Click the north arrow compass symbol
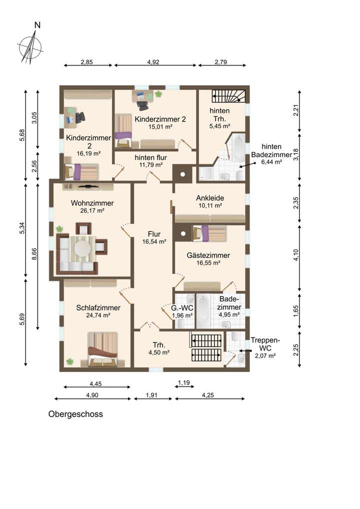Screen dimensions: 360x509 point(30,47)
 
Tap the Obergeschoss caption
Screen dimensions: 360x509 point(75,414)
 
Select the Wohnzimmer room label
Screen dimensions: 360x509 point(92,203)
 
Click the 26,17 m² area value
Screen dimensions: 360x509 point(92,210)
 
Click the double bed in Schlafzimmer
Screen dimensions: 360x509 point(102,348)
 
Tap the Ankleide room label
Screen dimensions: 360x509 point(210,198)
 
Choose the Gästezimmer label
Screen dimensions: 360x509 point(208,255)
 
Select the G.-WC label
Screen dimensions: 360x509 point(182,307)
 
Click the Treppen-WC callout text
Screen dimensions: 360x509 point(265,344)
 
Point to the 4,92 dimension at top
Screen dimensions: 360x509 point(153,61)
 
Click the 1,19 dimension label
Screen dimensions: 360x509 point(184,382)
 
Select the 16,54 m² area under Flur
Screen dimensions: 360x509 point(154,242)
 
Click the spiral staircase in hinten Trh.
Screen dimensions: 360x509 point(229,96)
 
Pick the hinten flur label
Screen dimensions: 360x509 point(151,157)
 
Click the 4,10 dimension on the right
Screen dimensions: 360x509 point(296,255)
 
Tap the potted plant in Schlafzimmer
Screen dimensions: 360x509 point(69,361)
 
